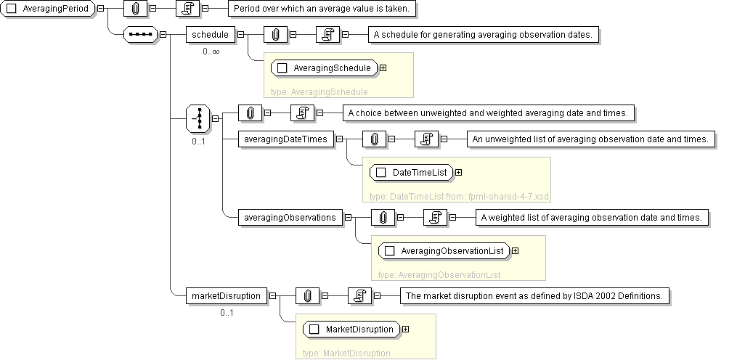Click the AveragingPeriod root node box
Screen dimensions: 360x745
(x=49, y=9)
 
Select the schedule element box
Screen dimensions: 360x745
(x=210, y=34)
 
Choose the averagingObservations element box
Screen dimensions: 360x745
(x=290, y=217)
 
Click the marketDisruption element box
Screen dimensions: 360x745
(x=225, y=295)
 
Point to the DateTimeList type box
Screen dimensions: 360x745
(x=412, y=173)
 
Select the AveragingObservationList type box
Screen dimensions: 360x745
(x=444, y=251)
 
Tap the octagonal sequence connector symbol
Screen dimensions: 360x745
(x=141, y=34)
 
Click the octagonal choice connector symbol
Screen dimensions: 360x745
(x=198, y=118)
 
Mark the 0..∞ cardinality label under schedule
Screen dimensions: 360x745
(x=211, y=52)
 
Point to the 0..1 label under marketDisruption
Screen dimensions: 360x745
(x=227, y=313)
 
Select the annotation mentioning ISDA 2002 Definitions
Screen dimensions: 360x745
(x=535, y=295)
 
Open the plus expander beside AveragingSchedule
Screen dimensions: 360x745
(x=383, y=68)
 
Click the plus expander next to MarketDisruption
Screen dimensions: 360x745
(x=406, y=330)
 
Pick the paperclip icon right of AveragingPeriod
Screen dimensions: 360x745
(x=136, y=9)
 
